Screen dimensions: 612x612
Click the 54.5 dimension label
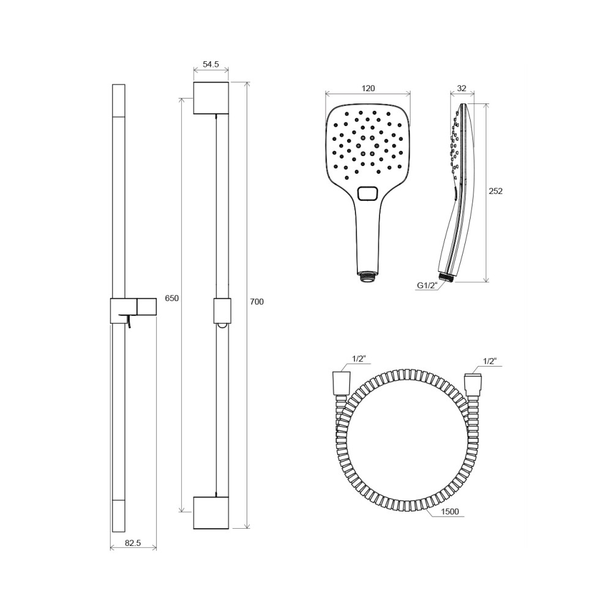point(211,64)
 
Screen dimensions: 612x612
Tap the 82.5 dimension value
point(133,542)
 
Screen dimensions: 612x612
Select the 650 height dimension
point(172,298)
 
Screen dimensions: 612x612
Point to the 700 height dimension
point(256,302)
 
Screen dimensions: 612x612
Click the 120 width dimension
point(368,88)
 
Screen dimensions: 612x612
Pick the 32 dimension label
point(461,88)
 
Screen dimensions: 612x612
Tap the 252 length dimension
point(496,191)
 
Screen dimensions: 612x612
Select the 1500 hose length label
point(450,512)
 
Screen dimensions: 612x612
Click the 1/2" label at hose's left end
point(358,359)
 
